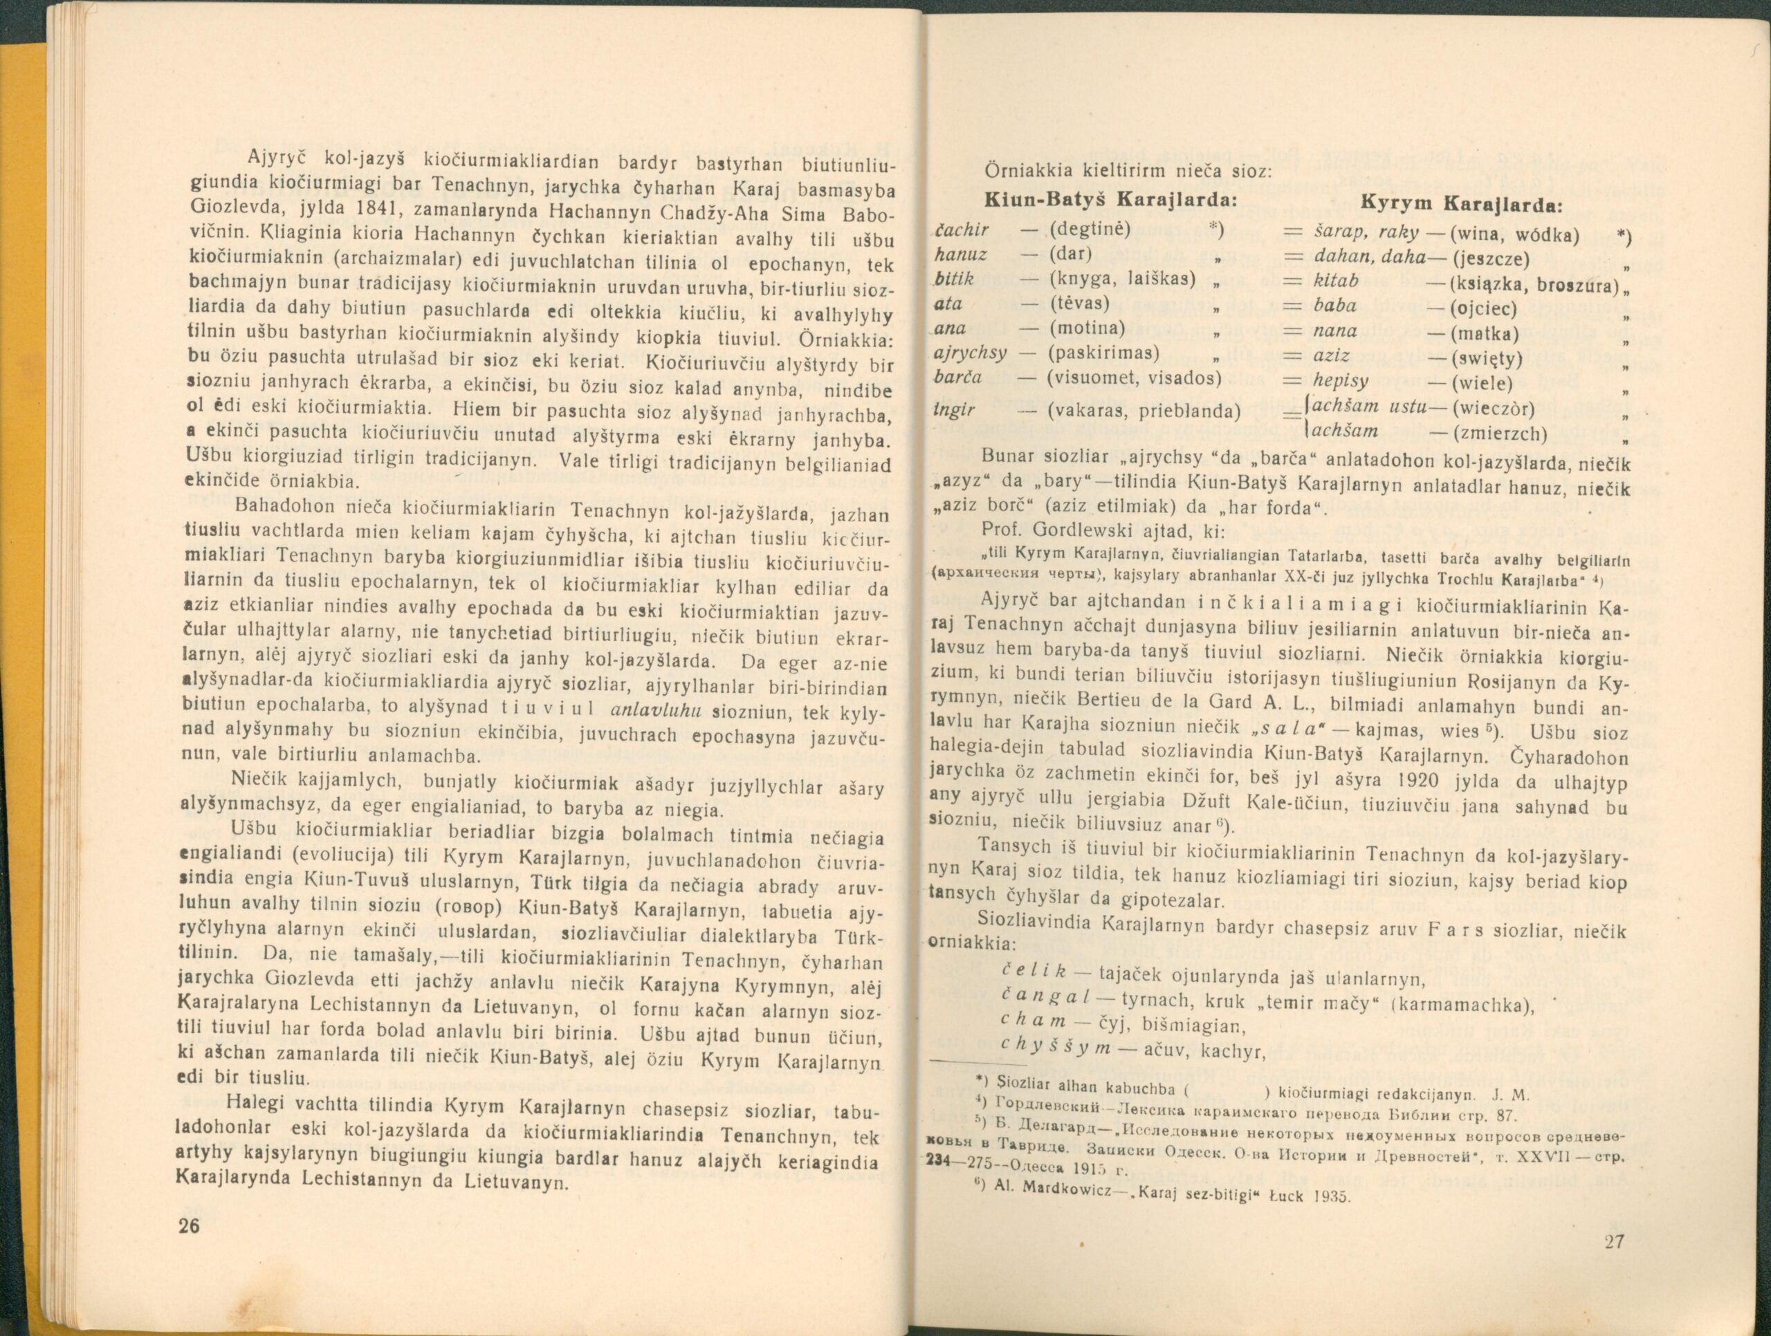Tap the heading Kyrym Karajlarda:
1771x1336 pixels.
point(1462,205)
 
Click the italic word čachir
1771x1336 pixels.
point(962,230)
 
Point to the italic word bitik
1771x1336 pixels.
point(955,279)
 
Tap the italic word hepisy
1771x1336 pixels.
point(1341,381)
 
